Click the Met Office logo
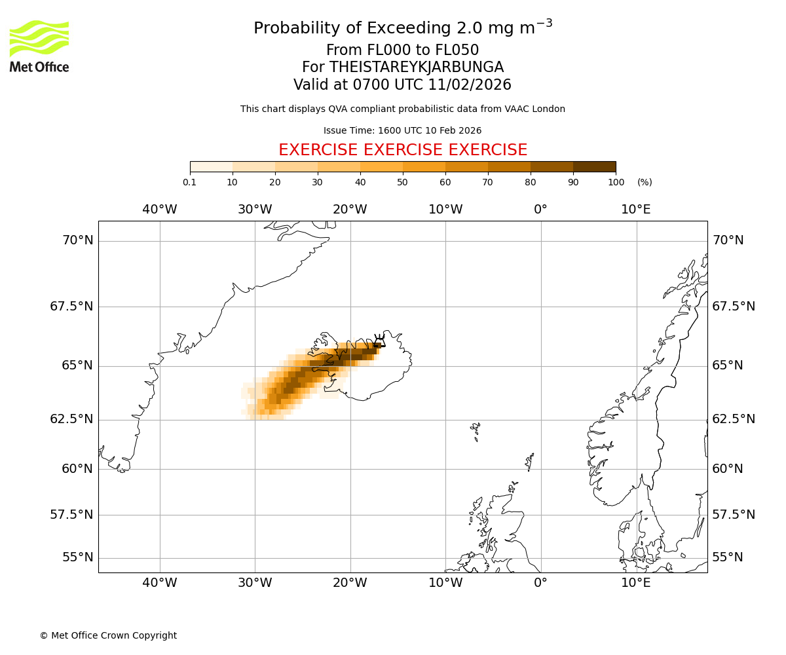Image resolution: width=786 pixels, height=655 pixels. [x=39, y=46]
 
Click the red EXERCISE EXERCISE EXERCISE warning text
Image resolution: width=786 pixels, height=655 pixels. [x=403, y=150]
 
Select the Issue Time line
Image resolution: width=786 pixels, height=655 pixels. [x=402, y=130]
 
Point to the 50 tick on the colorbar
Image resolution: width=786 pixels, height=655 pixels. [x=403, y=172]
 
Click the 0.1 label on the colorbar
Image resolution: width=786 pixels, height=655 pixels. [x=189, y=182]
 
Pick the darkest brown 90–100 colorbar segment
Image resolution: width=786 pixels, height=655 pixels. [x=594, y=166]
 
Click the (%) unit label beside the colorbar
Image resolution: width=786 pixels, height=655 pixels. [x=645, y=182]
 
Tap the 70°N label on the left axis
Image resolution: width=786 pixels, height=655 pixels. [x=77, y=240]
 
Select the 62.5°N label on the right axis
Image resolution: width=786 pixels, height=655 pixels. [x=734, y=419]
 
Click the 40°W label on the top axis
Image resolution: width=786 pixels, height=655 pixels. [x=160, y=210]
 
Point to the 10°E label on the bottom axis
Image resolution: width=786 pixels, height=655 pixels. [x=636, y=583]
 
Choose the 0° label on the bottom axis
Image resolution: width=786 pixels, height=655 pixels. [x=540, y=583]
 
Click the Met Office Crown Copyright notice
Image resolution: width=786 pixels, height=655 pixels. [x=108, y=635]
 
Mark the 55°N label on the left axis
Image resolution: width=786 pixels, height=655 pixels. [x=77, y=557]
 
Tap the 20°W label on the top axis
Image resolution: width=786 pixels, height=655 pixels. [x=350, y=210]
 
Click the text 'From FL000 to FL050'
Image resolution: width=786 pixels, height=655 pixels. [x=402, y=50]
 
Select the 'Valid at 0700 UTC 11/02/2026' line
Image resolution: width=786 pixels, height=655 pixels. [x=402, y=85]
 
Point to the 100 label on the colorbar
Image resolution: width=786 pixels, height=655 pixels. [x=616, y=182]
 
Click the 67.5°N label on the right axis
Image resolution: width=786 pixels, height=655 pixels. [x=734, y=307]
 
